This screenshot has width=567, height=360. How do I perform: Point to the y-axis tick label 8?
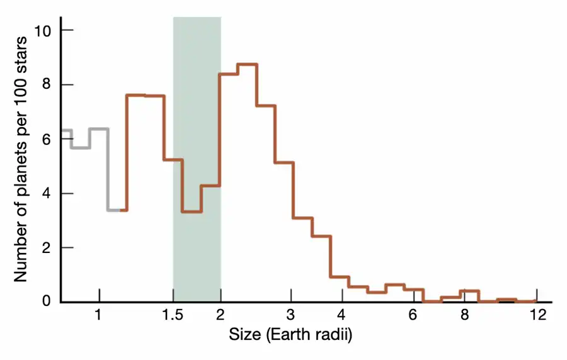click(47, 84)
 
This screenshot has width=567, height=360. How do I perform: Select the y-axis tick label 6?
click(47, 139)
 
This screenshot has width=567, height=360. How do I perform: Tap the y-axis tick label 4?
click(47, 193)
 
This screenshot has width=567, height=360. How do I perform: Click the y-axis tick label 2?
click(47, 247)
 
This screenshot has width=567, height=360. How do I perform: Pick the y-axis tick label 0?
click(47, 301)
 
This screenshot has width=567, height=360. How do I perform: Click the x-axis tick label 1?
click(98, 315)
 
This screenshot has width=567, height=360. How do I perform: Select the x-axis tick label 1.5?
click(173, 315)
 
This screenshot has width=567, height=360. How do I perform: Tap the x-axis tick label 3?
click(290, 315)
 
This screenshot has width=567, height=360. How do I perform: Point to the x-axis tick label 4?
click(341, 315)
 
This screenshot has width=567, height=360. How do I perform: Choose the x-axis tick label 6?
click(413, 315)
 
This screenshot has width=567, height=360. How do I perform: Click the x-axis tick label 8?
click(464, 315)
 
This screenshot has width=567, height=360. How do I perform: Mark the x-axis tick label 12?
click(537, 315)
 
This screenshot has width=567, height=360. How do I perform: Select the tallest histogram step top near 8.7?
click(247, 64)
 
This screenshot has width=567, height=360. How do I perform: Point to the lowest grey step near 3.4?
click(114, 210)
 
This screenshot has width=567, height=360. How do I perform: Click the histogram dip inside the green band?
click(192, 211)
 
